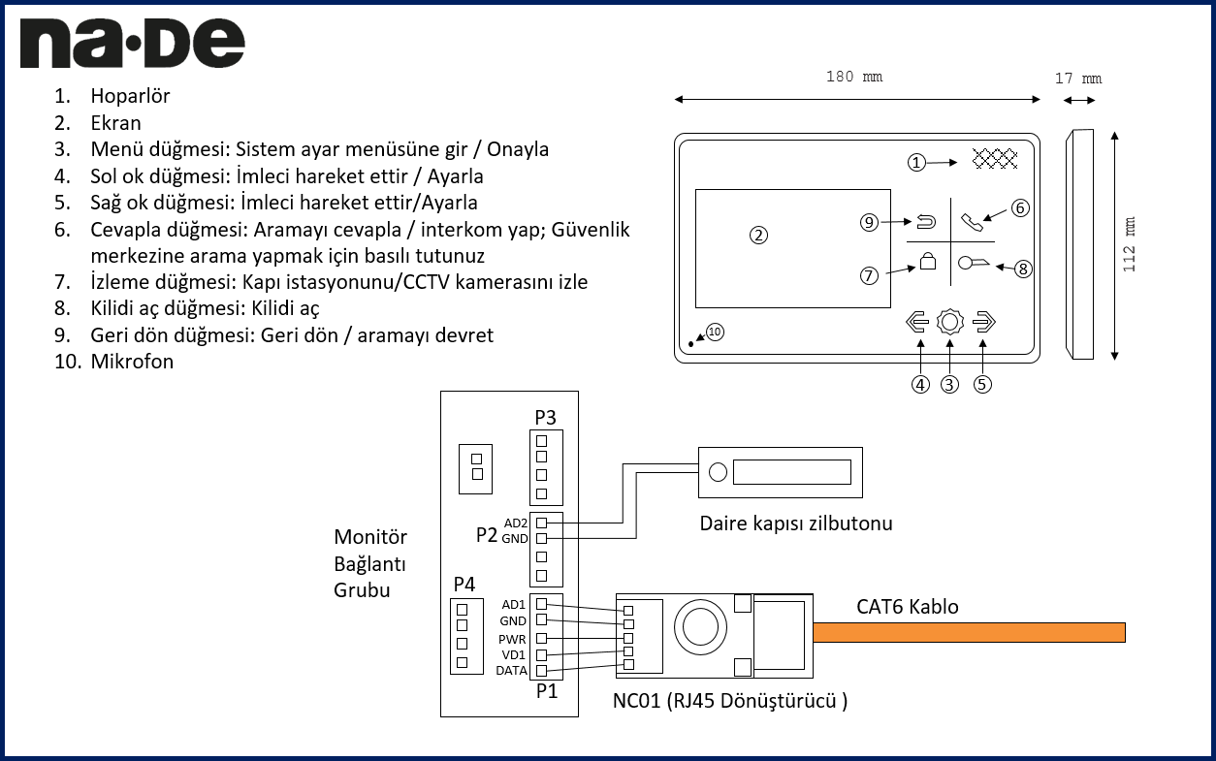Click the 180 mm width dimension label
pos(854,77)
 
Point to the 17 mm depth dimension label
pos(1078,79)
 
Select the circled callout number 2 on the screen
pos(759,235)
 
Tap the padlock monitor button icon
pos(928,262)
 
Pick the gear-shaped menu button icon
pos(950,323)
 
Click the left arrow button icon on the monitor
pos(917,323)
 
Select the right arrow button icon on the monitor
pos(983,323)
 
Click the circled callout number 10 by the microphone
pos(715,332)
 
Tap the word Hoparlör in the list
pos(130,96)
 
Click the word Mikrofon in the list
pos(132,362)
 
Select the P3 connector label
pos(545,418)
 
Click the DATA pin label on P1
pos(511,671)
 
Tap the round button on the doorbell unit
pos(718,472)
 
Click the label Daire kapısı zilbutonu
pos(796,523)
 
